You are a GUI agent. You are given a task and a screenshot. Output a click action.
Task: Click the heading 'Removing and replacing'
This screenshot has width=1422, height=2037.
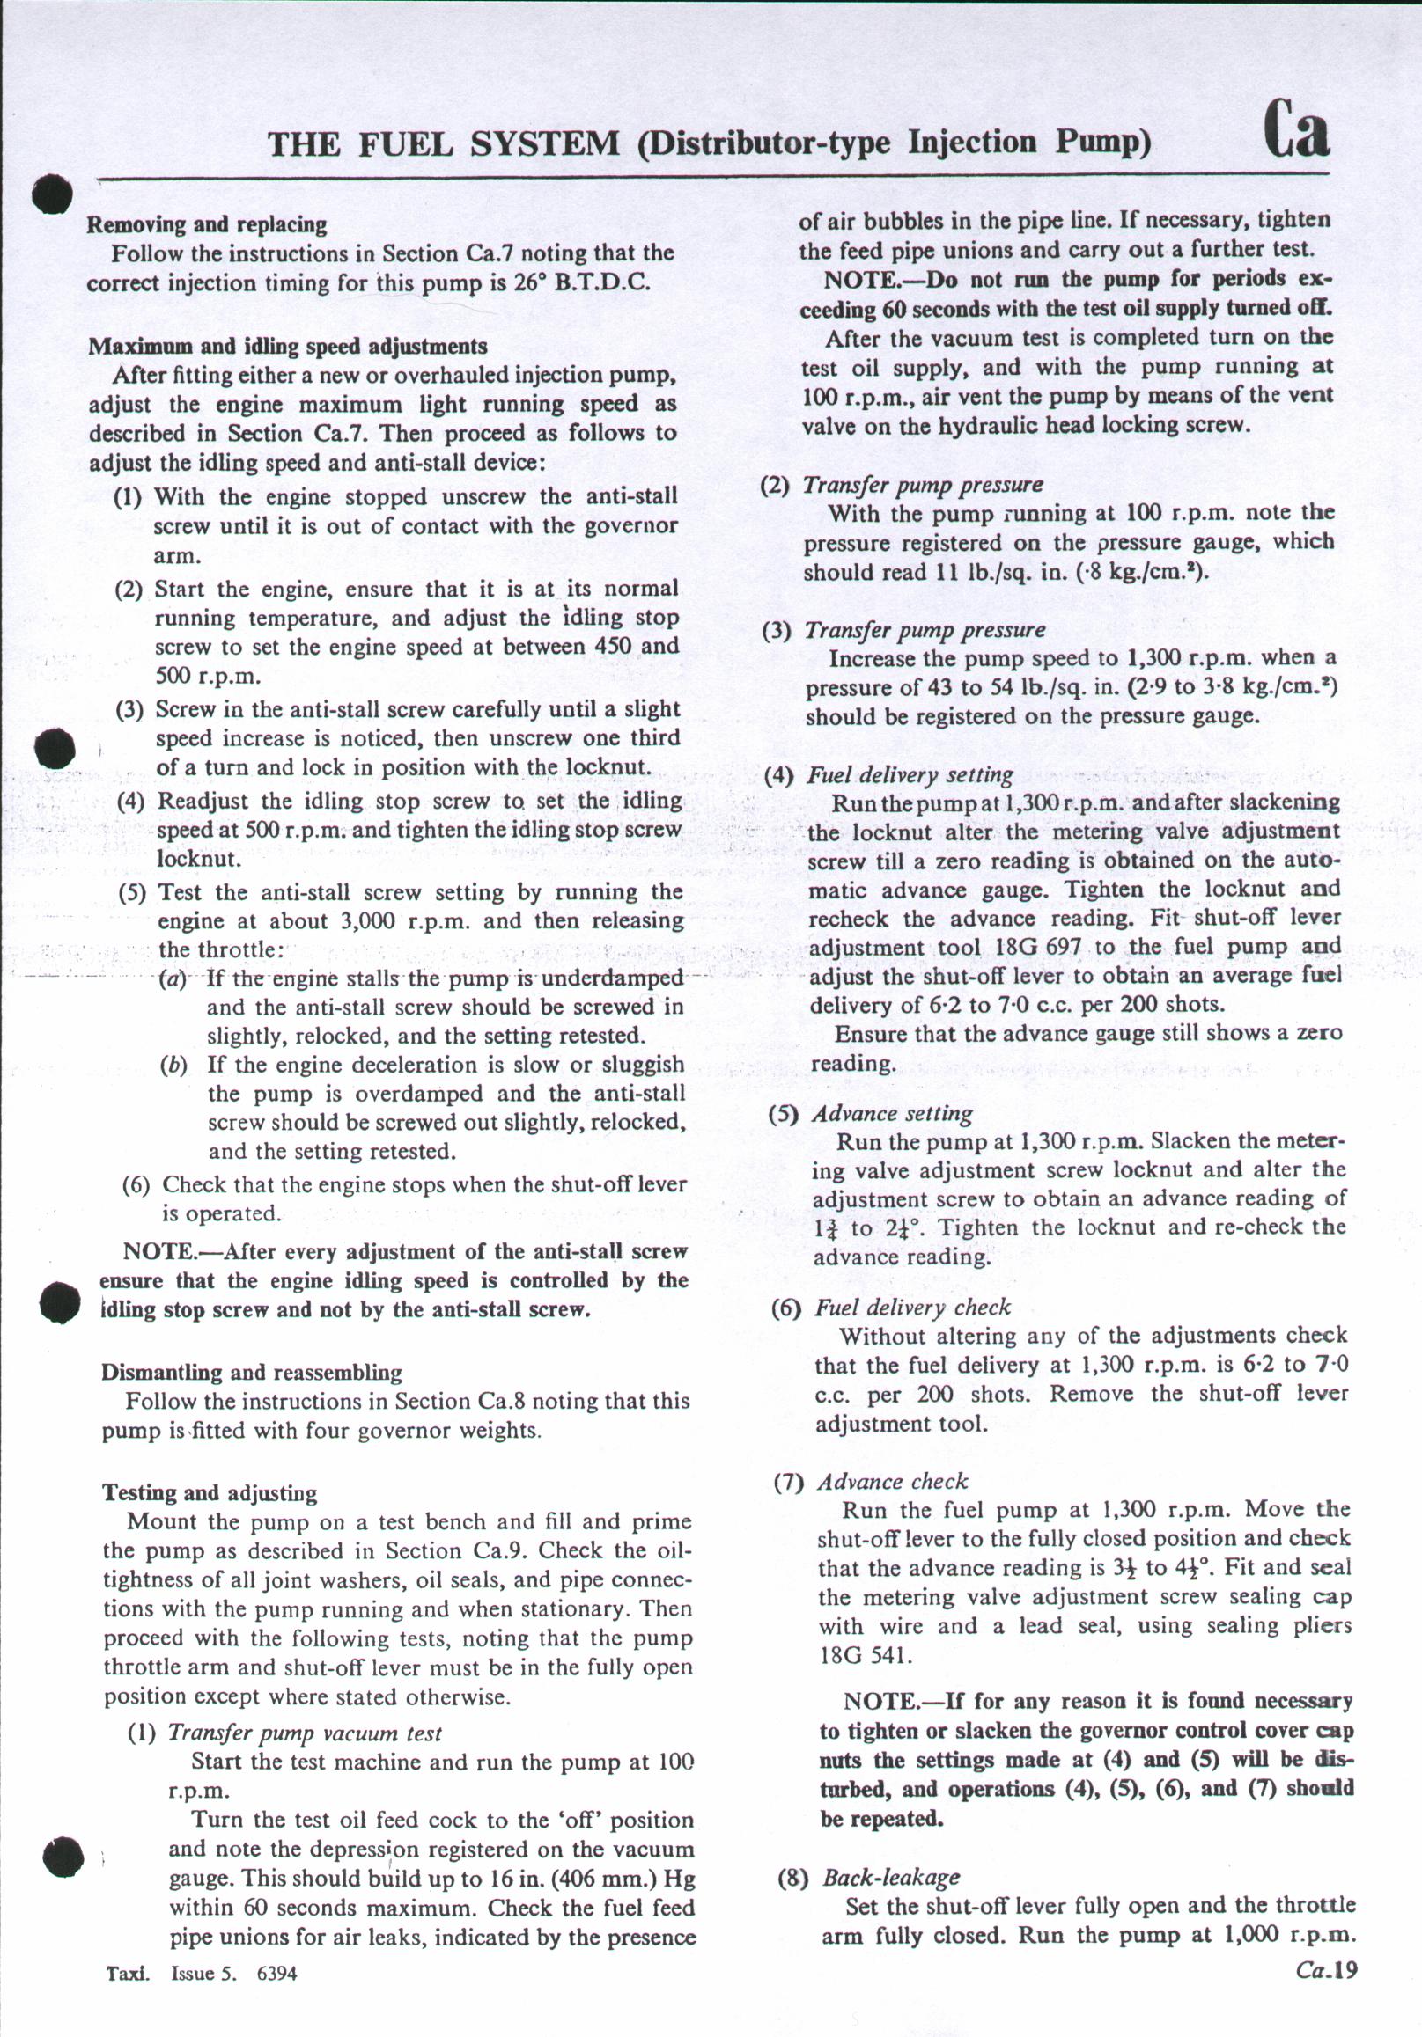pos(207,225)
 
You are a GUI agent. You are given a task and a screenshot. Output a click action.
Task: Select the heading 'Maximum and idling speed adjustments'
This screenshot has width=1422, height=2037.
pos(288,347)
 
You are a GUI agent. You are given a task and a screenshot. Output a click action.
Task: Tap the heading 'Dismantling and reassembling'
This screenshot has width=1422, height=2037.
pos(251,1373)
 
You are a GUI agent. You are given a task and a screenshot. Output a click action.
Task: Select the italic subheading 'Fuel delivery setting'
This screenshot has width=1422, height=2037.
pos(909,775)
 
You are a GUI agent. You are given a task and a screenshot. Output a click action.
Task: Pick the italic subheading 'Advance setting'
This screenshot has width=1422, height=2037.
pos(892,1113)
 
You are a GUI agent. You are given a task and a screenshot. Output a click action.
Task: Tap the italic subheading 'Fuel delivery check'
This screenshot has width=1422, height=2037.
pos(912,1307)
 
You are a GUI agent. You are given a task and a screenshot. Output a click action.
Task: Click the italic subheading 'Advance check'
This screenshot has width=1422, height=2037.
pos(892,1482)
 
